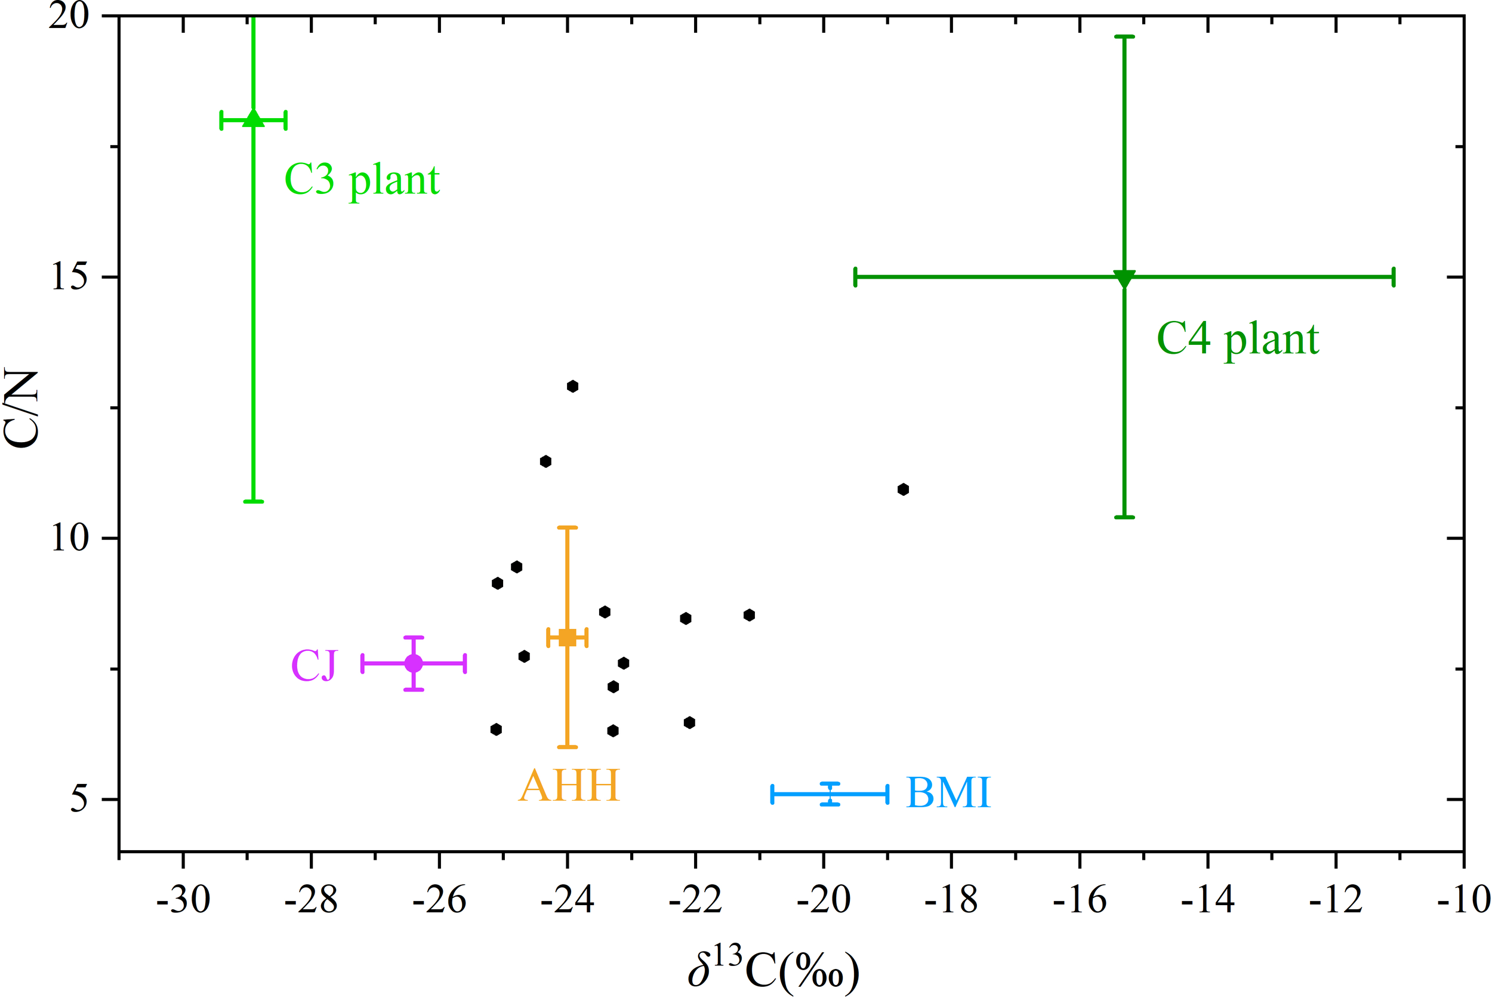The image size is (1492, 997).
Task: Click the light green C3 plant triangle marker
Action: pos(253,118)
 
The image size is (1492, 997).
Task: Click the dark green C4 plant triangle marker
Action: pos(1124,278)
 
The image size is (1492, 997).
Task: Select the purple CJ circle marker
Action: pos(414,663)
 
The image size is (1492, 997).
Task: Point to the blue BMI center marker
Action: pos(830,794)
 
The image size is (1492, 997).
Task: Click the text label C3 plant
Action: pos(362,180)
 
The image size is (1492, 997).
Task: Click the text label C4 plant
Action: pos(1238,339)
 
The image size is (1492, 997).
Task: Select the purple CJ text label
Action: pos(313,666)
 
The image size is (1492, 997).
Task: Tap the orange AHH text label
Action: pos(569,786)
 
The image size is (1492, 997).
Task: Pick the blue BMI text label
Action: pos(948,793)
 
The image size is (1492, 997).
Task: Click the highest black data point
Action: pos(572,386)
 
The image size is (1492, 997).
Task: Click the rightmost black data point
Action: pos(903,489)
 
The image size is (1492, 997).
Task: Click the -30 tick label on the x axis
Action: pos(183,900)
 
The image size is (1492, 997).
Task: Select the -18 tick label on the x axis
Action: pos(951,900)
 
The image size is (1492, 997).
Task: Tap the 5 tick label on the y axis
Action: pos(78,799)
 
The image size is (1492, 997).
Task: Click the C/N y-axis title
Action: pos(21,408)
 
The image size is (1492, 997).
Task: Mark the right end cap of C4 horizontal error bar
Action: pos(1394,277)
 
